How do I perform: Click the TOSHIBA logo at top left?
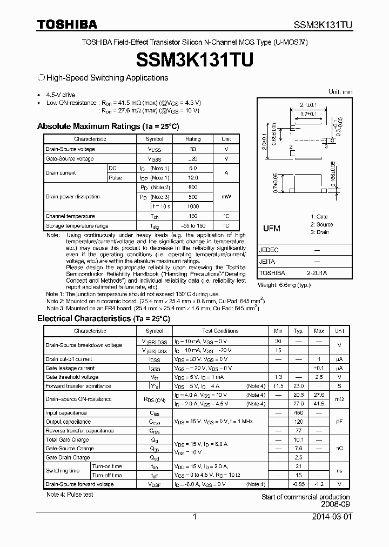click(67, 24)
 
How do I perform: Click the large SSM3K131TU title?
click(194, 60)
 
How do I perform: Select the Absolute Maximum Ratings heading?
click(108, 126)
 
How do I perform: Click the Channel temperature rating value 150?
click(193, 216)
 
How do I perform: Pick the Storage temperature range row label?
click(77, 225)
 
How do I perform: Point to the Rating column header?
click(193, 139)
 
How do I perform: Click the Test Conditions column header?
click(220, 331)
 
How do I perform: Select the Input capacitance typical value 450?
click(298, 413)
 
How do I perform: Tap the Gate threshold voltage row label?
click(72, 377)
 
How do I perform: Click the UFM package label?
click(271, 229)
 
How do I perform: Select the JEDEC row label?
click(269, 250)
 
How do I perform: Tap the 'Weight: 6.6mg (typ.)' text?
click(284, 284)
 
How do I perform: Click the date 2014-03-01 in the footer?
click(331, 517)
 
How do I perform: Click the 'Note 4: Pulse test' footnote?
click(70, 495)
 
